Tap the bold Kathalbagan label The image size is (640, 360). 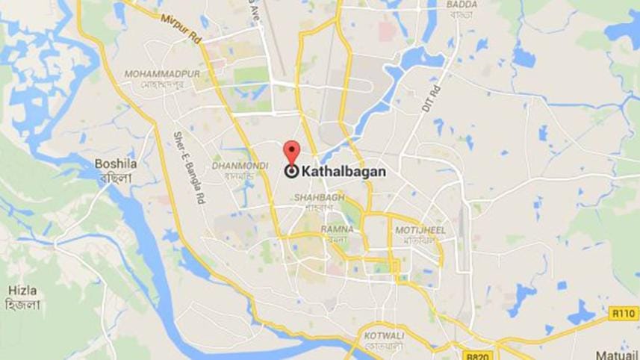point(344,171)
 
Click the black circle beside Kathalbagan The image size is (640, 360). point(291,171)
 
